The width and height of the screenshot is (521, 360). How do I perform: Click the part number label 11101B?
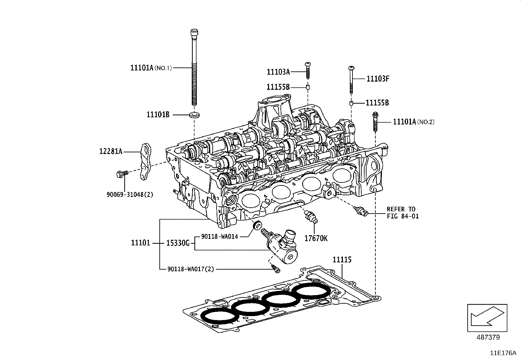click(158, 115)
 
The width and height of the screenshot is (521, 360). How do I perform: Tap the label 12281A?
click(111, 151)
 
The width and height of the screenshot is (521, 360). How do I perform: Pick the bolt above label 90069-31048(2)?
click(121, 174)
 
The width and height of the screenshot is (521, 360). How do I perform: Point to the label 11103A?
click(278, 72)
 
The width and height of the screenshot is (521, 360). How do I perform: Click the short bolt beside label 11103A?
click(308, 70)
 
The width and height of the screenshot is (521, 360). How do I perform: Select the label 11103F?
click(378, 79)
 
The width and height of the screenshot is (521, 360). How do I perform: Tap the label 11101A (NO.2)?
click(413, 122)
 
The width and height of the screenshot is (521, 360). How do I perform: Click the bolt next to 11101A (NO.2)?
click(375, 122)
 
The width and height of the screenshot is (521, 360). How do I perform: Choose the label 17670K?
click(316, 238)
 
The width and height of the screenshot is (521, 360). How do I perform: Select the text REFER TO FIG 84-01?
click(403, 213)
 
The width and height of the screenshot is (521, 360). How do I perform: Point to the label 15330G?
click(178, 243)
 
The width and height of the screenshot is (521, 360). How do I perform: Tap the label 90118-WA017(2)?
click(190, 269)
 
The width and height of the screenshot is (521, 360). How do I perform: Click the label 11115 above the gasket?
click(342, 260)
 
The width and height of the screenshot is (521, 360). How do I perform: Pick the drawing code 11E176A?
click(503, 353)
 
